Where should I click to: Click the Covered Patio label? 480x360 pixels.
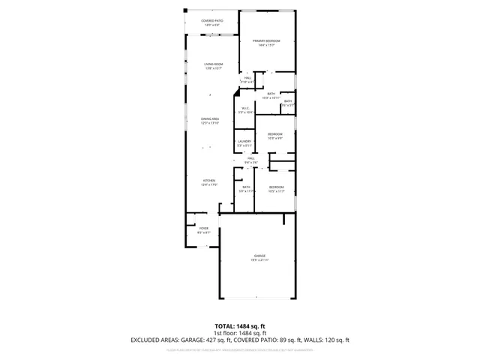[212, 23]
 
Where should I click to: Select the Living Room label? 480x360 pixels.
[214, 66]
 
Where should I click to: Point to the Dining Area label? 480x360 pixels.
[209, 121]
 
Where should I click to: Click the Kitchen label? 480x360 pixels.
[209, 183]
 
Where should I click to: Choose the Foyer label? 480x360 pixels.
[203, 230]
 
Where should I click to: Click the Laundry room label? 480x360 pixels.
[244, 143]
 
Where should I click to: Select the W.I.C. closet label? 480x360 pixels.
[244, 110]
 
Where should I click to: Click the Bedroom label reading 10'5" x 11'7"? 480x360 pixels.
[277, 189]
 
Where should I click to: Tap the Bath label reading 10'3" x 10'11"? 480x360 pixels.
[271, 96]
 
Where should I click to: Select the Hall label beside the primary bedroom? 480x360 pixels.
[247, 79]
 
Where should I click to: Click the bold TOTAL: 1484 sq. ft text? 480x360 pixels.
[240, 326]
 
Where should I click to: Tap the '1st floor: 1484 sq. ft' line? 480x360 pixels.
[240, 333]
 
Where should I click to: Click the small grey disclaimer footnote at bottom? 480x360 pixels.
[240, 349]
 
